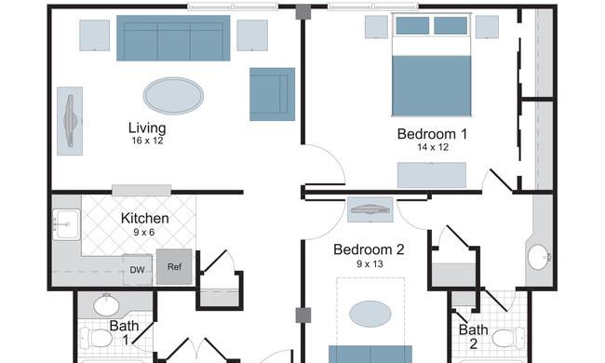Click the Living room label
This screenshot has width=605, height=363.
147,128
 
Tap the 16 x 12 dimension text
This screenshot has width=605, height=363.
147,141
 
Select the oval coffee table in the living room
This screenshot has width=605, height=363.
174,96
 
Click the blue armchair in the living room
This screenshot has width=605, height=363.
273,95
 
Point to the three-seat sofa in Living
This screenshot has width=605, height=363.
173,38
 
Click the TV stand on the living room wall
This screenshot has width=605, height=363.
70,121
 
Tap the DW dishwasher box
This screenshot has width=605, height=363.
138,270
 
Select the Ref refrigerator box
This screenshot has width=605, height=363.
174,266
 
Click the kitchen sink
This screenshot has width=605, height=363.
66,224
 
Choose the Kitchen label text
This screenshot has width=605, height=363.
144,219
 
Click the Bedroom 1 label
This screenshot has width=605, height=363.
432,134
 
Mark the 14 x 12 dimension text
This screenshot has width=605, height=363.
433,147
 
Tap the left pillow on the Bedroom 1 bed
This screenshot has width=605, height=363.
412,25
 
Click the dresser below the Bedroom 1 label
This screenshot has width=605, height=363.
432,176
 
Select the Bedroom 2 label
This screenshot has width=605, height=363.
369,249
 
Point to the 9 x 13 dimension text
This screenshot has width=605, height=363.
370,264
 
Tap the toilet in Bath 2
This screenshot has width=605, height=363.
509,338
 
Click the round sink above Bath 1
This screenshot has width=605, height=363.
106,305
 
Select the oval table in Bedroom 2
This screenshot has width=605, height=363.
370,314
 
